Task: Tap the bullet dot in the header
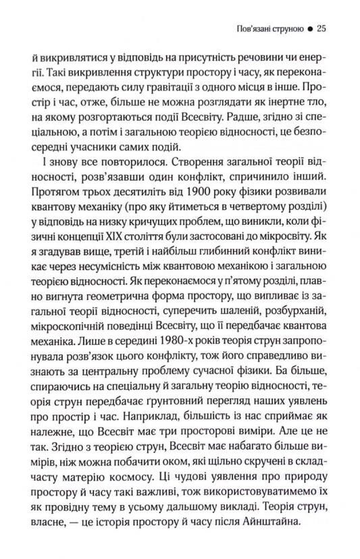tap(309, 30)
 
